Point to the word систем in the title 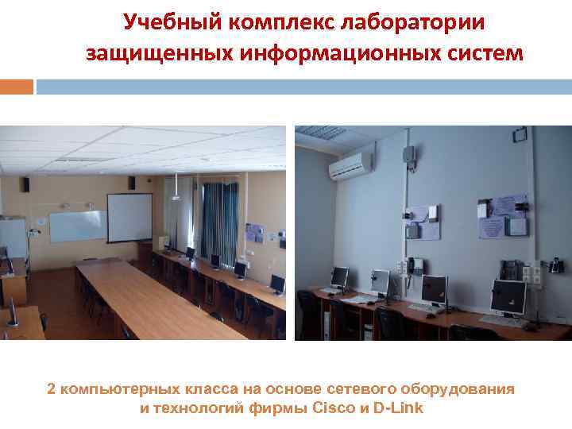[484, 54]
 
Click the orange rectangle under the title [17, 86]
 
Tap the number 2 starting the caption [52, 389]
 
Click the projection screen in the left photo [129, 217]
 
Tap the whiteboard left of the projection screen [77, 226]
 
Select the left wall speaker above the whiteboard [26, 184]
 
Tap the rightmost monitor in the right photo [508, 296]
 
